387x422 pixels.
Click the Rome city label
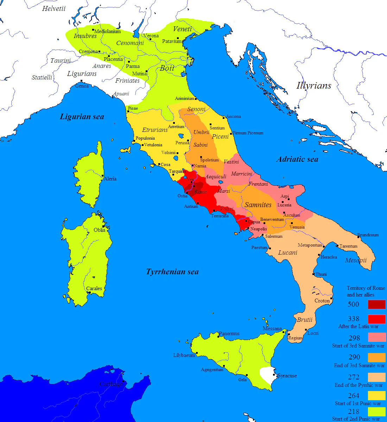tap(201, 192)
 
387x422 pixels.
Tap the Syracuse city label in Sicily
tap(287, 376)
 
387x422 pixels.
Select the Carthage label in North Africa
tap(111, 384)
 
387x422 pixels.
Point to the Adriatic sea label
tap(297, 159)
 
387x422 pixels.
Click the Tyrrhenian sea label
tap(172, 272)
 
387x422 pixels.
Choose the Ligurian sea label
tap(82, 117)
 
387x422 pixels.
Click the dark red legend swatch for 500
tap(376, 305)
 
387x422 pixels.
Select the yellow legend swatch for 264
tap(376, 396)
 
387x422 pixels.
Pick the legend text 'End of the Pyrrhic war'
tap(359, 385)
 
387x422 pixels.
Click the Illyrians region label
tap(314, 85)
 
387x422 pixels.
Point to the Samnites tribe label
tap(258, 205)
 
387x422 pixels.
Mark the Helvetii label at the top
tap(54, 9)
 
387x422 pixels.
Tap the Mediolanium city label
tap(108, 31)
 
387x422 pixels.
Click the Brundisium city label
tap(368, 235)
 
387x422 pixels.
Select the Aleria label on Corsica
tap(110, 179)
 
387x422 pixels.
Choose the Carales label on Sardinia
tap(94, 288)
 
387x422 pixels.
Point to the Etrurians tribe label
tap(155, 130)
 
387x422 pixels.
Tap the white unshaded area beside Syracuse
tap(267, 376)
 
